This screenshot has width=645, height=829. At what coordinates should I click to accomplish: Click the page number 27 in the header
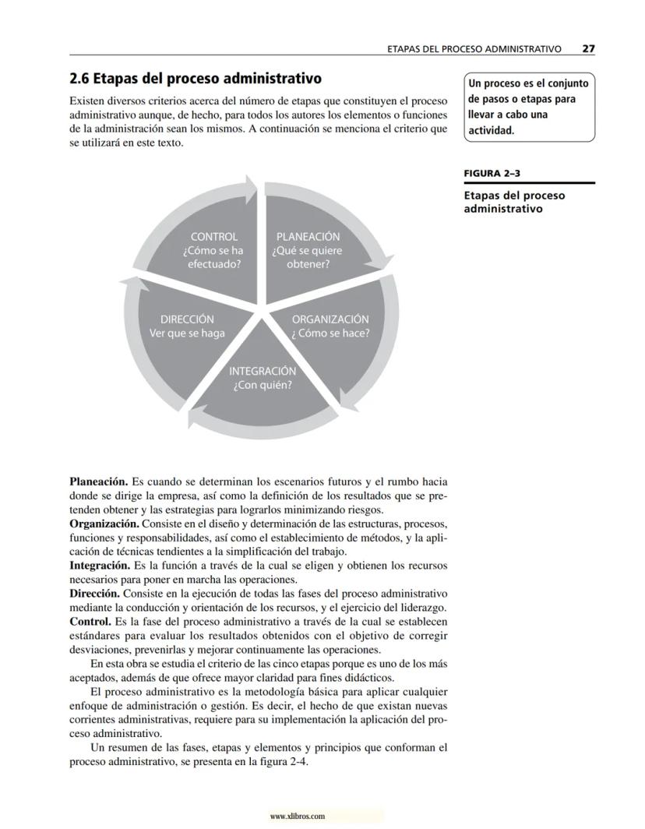(x=588, y=48)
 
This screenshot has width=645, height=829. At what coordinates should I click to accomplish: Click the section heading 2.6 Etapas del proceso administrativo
(x=196, y=79)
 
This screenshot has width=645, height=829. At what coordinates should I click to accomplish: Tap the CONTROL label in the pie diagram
(x=213, y=236)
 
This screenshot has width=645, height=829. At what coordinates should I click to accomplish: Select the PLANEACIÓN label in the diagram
(x=308, y=236)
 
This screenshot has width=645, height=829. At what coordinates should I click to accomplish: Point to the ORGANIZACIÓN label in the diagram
(x=330, y=319)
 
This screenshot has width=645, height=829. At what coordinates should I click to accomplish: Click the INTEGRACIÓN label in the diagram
(x=263, y=371)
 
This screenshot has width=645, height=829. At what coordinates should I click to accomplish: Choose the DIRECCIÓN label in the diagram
(x=187, y=319)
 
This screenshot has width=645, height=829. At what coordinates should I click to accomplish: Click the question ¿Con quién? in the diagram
(x=263, y=386)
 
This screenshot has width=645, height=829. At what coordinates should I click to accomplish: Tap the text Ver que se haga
(x=187, y=333)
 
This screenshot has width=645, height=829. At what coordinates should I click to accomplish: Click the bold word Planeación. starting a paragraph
(x=98, y=482)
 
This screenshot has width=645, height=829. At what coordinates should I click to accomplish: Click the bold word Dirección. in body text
(x=97, y=593)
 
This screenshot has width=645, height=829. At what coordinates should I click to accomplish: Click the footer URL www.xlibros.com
(x=297, y=817)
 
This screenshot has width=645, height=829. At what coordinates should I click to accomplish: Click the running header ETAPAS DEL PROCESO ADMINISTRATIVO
(x=474, y=48)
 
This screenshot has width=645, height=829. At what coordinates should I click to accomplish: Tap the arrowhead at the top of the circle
(x=250, y=185)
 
